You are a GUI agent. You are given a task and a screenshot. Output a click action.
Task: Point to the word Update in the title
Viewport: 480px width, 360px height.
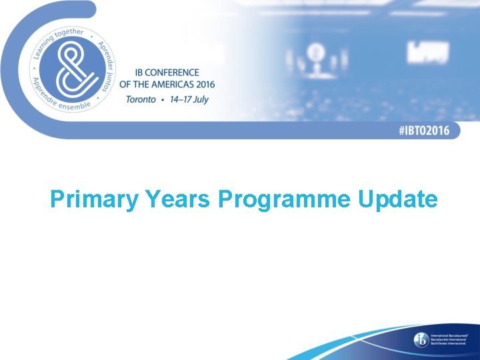[x=398, y=199]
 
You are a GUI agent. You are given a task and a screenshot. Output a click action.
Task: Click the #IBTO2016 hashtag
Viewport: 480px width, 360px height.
[x=424, y=131]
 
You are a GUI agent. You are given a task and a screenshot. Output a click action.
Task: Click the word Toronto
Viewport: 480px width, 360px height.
[x=140, y=99]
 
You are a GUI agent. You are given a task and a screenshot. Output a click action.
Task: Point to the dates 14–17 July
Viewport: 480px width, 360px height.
[x=190, y=99]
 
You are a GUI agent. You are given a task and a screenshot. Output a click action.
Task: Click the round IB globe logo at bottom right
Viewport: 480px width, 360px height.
[x=421, y=339]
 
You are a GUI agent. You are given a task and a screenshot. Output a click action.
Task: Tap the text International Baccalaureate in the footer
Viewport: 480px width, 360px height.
[x=449, y=335]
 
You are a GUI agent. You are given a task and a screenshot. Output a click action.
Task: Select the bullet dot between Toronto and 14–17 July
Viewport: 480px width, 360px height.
[x=162, y=99]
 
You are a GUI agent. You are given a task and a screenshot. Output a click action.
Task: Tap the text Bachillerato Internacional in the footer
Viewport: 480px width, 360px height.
[x=449, y=344]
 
